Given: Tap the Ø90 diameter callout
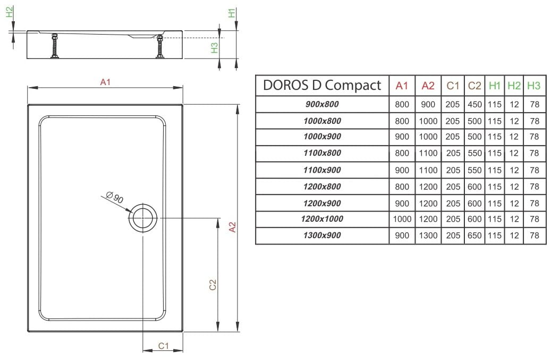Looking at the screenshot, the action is (115, 197).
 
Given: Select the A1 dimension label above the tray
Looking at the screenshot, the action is (105, 82).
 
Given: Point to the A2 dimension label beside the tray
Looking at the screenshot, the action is (232, 227).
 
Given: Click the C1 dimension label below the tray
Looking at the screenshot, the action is (164, 346).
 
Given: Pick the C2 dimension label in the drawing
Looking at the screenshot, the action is (213, 285).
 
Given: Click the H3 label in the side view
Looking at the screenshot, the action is (214, 48).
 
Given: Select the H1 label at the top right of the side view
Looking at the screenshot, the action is (232, 13).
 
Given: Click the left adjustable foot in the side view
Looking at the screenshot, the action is (55, 46).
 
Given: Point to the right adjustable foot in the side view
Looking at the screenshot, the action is (160, 46).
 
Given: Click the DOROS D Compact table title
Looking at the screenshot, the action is (322, 85).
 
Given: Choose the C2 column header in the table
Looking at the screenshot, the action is (474, 86).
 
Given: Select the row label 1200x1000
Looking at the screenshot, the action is (322, 219).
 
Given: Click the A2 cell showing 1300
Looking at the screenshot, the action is (428, 235).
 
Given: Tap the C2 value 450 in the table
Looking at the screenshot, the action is (474, 104).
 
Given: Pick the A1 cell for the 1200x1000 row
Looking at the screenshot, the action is (402, 219).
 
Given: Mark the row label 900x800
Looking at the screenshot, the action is (322, 104).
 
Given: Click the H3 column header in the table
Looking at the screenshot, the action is (534, 86).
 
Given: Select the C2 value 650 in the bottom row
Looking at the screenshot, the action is (474, 235).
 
